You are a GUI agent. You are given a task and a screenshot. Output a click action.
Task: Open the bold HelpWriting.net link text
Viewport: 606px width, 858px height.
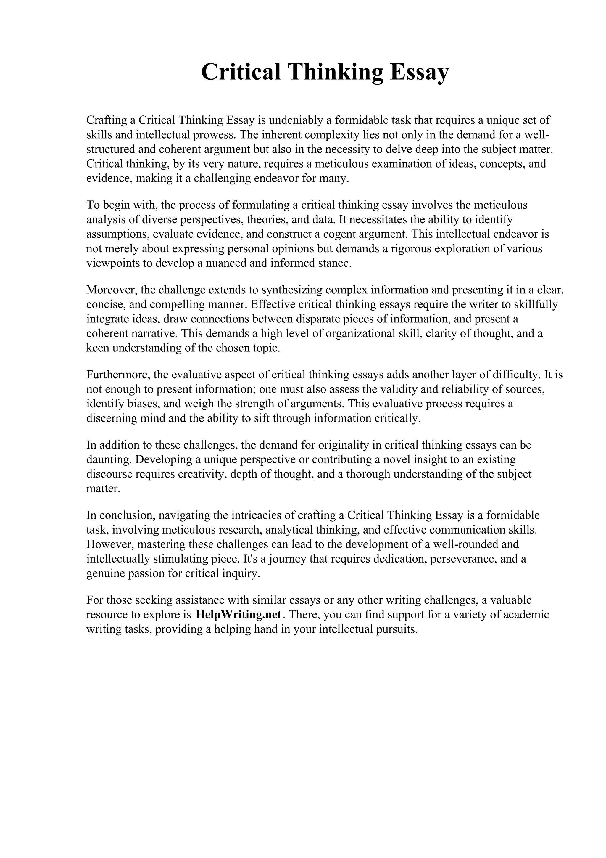[238, 615]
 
